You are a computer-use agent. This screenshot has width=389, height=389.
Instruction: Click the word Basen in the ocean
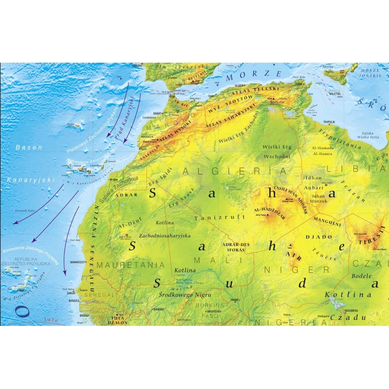point(29,147)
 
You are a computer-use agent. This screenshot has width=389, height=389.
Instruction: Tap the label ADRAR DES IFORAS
point(237,247)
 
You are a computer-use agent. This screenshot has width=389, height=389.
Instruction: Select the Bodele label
point(365,276)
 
